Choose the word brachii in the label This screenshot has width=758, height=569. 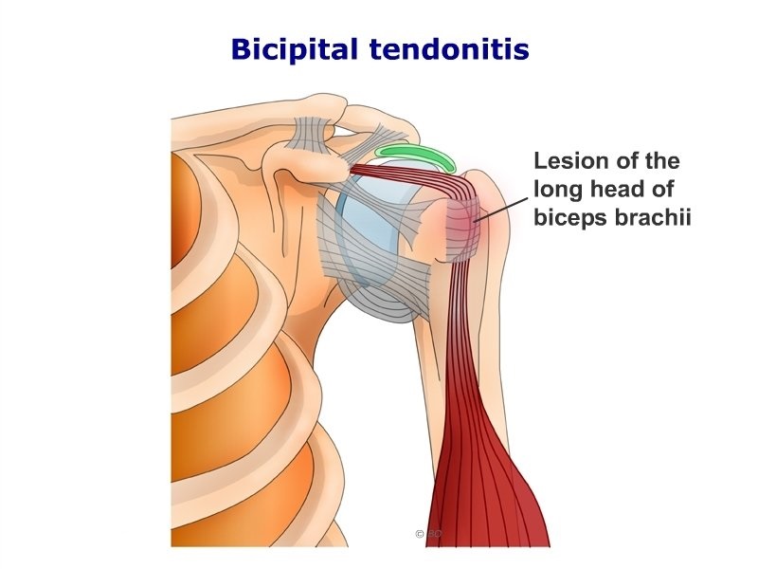click(x=653, y=216)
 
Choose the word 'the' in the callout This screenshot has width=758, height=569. click(x=662, y=160)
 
